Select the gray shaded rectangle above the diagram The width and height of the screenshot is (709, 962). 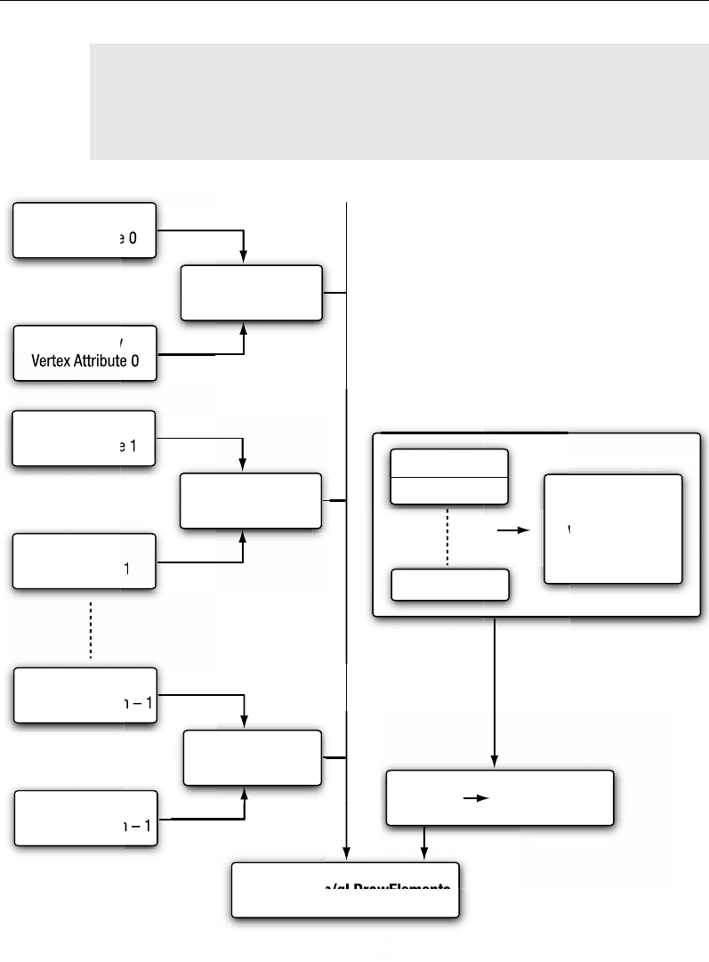coord(399,101)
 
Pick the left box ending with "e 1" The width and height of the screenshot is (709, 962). coord(84,439)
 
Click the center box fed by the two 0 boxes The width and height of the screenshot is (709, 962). coord(251,292)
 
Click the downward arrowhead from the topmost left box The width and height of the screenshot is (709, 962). coord(244,257)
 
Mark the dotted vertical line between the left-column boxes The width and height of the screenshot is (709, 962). coord(91,627)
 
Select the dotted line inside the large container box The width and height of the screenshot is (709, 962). coord(447,536)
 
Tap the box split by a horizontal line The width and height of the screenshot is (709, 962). coord(449,477)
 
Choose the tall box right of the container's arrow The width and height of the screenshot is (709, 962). coord(613,529)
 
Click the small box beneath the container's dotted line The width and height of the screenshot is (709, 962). coord(450,585)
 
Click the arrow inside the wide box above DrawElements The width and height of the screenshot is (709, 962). coord(478,798)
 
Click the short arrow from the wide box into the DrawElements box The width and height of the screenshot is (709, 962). coord(424,844)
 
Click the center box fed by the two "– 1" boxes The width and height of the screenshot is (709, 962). coord(253,758)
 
